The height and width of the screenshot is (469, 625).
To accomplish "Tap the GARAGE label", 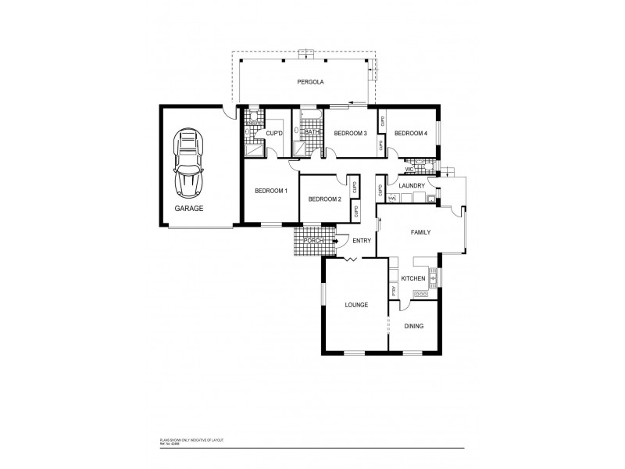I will click(188, 209).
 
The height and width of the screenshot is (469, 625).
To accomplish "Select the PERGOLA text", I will click(310, 82).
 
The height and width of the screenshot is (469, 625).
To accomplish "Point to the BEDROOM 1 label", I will click(271, 191).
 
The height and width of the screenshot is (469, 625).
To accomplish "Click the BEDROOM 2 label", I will click(325, 199).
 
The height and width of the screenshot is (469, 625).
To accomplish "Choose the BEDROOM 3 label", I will click(350, 134).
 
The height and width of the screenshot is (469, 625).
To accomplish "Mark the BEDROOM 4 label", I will click(410, 134).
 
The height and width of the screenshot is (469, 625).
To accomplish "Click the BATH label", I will click(312, 133).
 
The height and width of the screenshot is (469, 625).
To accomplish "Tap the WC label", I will click(409, 169).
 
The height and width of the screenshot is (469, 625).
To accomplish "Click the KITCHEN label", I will click(412, 278).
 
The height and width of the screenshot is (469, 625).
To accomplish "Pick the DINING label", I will click(413, 326).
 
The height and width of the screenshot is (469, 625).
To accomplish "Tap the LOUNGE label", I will click(356, 304).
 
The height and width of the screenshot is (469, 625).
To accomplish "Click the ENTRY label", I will click(361, 241).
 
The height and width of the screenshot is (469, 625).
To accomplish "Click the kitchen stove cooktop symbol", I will click(420, 294).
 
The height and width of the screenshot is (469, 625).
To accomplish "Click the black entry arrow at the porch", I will click(337, 241).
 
